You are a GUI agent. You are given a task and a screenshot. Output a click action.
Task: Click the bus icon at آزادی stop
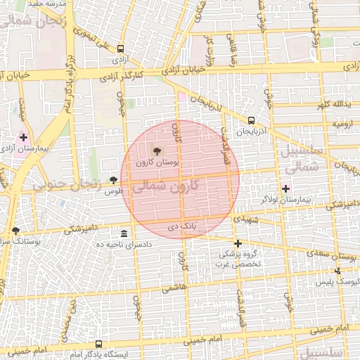click(x=121, y=49)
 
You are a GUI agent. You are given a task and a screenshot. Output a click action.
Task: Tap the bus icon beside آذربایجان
click(x=251, y=120)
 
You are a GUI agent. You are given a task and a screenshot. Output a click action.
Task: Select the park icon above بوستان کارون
click(x=156, y=150)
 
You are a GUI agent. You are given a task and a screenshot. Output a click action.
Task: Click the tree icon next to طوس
click(x=113, y=181)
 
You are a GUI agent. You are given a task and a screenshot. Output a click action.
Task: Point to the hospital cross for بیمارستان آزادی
click(x=23, y=137)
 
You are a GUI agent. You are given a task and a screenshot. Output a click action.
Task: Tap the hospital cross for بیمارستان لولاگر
click(x=285, y=188)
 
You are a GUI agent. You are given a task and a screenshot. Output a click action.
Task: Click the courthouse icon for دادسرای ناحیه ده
click(x=124, y=233)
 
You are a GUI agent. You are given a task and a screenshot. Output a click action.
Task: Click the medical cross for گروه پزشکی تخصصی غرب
click(x=238, y=243)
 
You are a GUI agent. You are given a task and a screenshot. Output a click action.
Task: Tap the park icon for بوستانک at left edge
click(x=15, y=230)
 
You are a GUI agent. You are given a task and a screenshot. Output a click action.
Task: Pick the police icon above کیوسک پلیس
click(x=337, y=271)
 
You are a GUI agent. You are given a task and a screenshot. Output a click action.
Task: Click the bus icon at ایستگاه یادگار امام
click(x=98, y=345)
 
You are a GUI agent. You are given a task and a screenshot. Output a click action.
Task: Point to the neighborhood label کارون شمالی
click(x=166, y=187)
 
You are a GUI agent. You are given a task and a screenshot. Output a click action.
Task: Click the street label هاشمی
click(x=174, y=288)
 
